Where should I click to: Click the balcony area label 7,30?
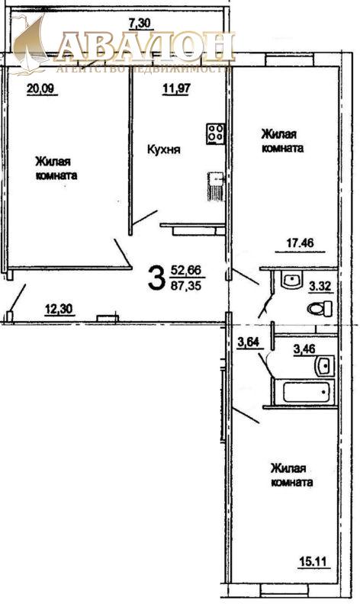click(140, 24)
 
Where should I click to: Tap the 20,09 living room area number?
click(40, 89)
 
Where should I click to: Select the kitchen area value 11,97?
click(176, 88)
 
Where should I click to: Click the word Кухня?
click(163, 149)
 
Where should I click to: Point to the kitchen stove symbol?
click(216, 133)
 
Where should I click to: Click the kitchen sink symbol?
click(216, 186)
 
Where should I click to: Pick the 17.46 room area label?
click(300, 243)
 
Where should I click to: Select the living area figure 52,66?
click(185, 270)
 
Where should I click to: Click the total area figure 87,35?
click(185, 286)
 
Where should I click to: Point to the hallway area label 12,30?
click(59, 310)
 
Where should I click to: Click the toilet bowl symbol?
click(320, 310)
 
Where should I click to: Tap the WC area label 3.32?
click(320, 287)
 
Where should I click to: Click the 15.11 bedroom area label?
click(313, 562)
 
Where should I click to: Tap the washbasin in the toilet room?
click(291, 280)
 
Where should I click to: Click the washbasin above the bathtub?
click(325, 365)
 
